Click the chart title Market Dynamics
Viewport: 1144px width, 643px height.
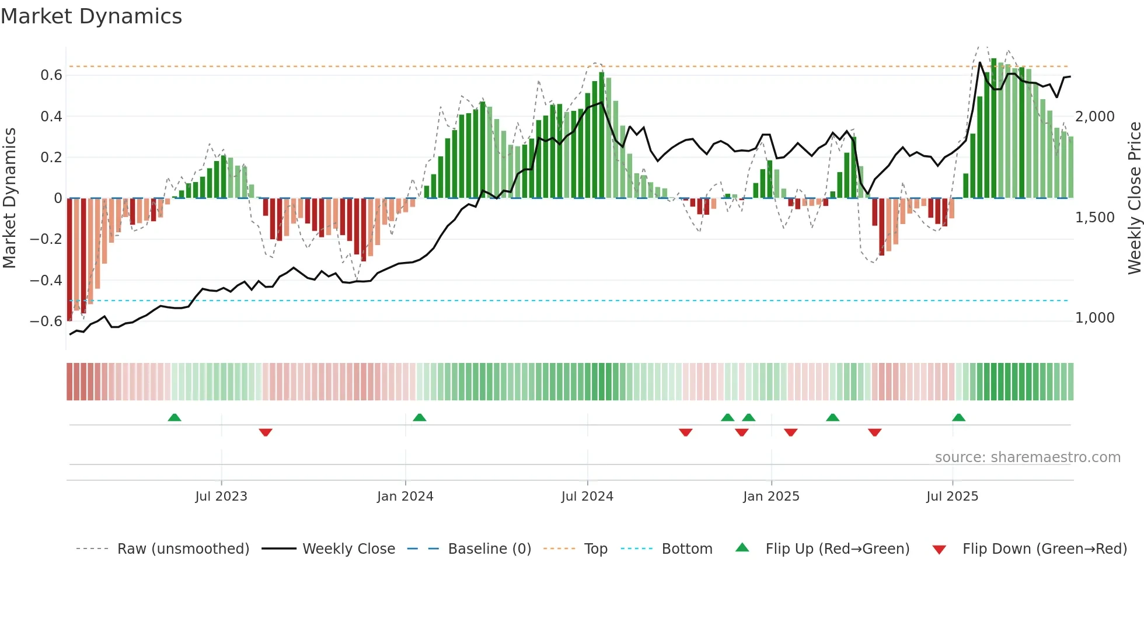91,16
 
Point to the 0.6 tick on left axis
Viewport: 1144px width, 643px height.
51,75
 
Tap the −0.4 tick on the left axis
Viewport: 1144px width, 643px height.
46,281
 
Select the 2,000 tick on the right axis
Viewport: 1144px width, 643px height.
1095,117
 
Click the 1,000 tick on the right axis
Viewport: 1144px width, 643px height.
1095,318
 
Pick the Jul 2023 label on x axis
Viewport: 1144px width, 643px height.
221,497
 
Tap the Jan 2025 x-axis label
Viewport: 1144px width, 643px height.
771,497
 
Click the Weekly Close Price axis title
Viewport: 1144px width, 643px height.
1134,198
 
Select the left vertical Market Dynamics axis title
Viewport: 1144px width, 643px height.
9,198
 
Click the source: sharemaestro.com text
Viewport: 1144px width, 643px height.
1027,457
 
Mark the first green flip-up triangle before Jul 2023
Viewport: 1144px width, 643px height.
175,417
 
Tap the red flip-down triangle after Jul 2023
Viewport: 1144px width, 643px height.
266,432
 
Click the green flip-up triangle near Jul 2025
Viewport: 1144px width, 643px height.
958,417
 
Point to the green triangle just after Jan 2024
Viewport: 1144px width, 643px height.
420,417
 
